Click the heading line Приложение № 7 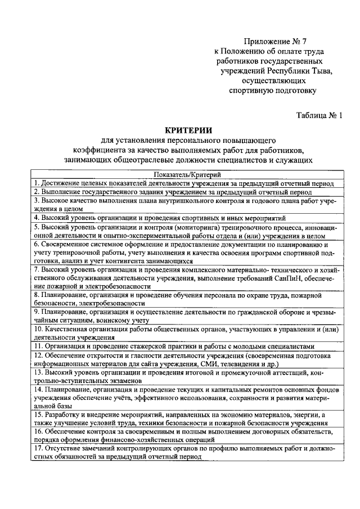pyautogui.click(x=276, y=42)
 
